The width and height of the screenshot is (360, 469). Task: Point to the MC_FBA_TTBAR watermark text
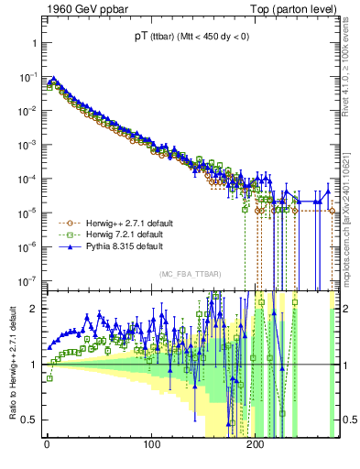click(190, 274)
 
